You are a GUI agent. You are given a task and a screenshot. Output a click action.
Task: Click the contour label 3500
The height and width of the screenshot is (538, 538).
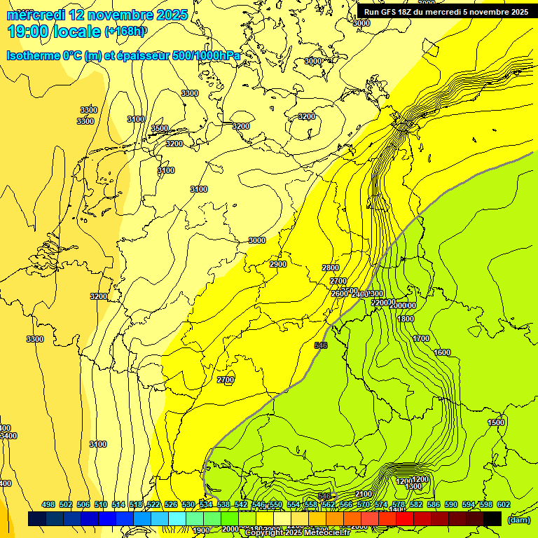tap(160, 128)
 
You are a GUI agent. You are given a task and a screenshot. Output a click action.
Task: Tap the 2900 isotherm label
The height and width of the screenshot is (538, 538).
tap(278, 264)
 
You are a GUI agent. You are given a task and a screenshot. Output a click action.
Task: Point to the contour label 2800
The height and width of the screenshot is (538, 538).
tap(331, 268)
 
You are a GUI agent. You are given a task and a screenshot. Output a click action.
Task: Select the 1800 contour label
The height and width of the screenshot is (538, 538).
tap(406, 319)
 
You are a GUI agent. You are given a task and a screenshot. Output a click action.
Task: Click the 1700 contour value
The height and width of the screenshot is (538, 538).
tap(421, 338)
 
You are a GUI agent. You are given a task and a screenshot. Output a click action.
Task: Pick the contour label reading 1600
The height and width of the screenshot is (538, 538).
tap(442, 352)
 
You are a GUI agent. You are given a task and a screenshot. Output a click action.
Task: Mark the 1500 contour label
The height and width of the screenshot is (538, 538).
tap(496, 422)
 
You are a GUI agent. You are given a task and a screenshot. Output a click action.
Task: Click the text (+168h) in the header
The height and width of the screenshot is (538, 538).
tap(125, 32)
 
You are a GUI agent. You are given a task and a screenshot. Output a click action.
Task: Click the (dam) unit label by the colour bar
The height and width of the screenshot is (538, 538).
tap(519, 519)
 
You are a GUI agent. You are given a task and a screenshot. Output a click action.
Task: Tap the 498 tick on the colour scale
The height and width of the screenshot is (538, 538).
tap(48, 504)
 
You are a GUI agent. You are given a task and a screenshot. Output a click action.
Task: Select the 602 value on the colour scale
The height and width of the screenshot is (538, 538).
tap(504, 504)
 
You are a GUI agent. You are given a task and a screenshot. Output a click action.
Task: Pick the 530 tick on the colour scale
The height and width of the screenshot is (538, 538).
tap(188, 504)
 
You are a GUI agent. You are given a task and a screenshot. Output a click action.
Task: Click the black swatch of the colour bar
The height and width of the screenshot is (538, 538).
tap(492, 518)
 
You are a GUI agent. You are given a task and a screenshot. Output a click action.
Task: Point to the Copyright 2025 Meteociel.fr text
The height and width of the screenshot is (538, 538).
tap(297, 533)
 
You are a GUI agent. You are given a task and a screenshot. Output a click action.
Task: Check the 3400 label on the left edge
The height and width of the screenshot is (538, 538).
tap(7, 436)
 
